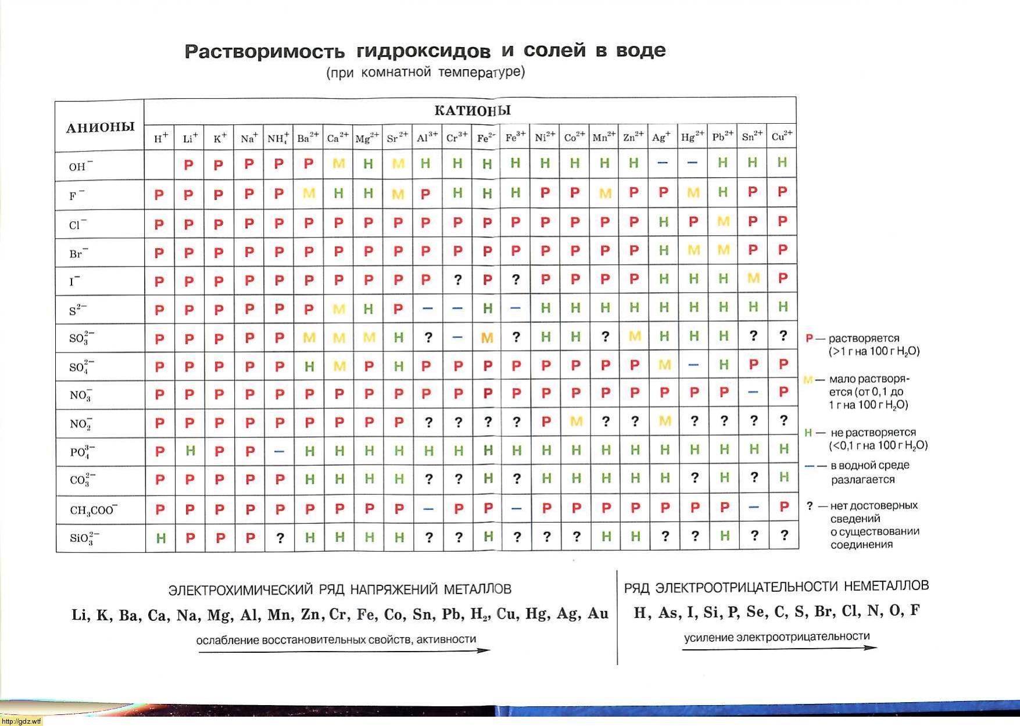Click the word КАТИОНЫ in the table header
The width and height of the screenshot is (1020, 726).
[x=472, y=110]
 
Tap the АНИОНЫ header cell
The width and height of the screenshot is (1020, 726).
[x=100, y=128]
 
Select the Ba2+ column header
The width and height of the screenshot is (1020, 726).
[x=308, y=138]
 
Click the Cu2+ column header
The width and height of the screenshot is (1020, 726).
[x=782, y=137]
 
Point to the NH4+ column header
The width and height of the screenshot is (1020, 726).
[x=278, y=138]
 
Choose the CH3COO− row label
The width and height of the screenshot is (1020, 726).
[x=94, y=510]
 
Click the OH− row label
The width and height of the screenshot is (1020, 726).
[x=80, y=167]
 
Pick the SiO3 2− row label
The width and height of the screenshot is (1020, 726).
[x=84, y=538]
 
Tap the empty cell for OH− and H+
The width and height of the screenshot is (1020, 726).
[x=160, y=164]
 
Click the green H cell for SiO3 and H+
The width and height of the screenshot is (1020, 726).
[x=161, y=538]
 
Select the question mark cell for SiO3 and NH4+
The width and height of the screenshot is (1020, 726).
[x=280, y=538]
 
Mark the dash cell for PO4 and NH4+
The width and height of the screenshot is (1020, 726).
[x=279, y=451]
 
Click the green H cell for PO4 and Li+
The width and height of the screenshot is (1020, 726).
[x=190, y=451]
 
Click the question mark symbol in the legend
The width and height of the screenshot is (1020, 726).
[x=810, y=505]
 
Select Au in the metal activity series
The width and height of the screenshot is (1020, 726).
[x=597, y=614]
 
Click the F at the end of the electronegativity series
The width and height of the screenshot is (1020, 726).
[x=915, y=611]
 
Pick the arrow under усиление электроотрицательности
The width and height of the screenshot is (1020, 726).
[x=779, y=648]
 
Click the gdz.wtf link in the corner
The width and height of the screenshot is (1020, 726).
[x=22, y=721]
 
